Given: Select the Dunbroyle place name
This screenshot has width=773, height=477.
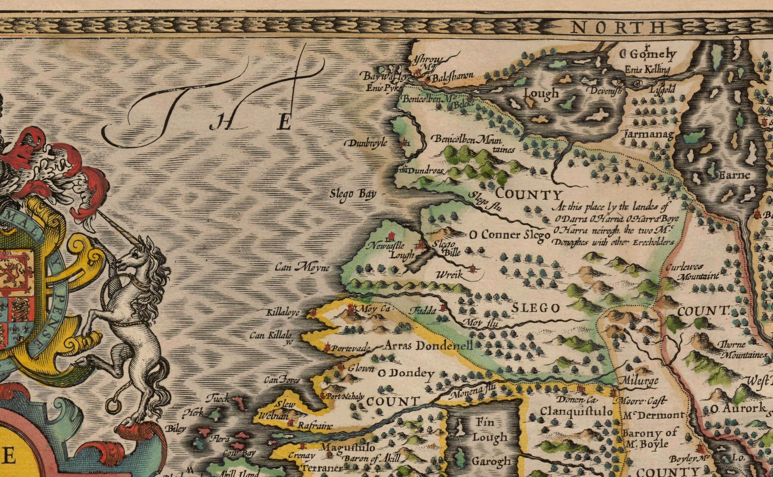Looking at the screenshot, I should pyautogui.click(x=367, y=143).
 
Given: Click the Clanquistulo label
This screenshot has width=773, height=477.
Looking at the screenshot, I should pyautogui.click(x=576, y=411).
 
